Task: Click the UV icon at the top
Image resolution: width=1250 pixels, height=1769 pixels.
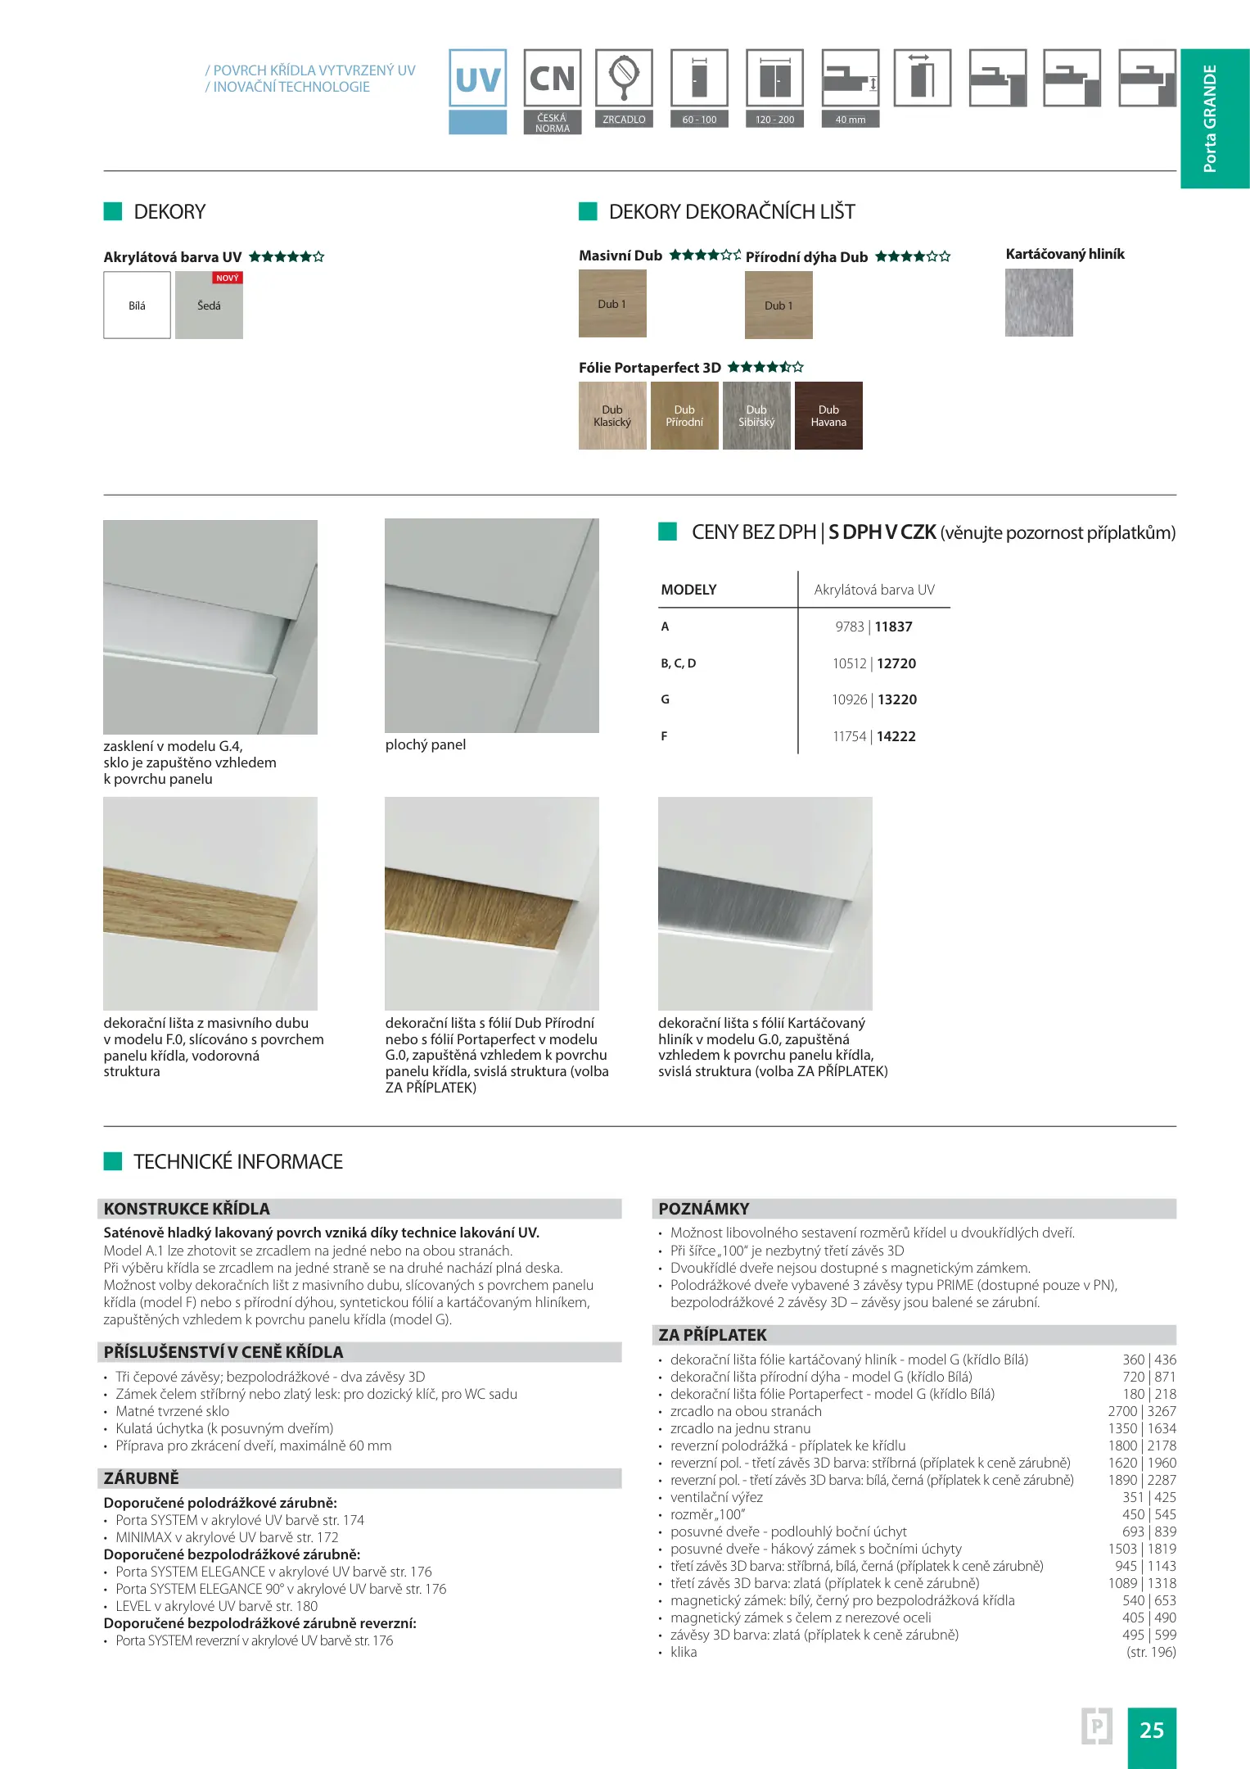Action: (477, 79)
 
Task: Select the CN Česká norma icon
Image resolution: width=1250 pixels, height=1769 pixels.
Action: (553, 79)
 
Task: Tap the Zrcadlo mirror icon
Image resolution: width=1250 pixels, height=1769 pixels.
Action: (624, 79)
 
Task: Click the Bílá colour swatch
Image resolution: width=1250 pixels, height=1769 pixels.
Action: (137, 305)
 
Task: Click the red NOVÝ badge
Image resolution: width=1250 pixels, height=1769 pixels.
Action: (228, 278)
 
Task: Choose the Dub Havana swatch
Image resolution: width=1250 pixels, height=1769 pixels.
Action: (828, 416)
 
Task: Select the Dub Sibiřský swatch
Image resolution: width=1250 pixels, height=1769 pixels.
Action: (756, 416)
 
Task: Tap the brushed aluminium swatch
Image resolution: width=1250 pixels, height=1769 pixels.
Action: (1039, 302)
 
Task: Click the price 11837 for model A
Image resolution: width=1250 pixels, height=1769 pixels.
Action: (893, 627)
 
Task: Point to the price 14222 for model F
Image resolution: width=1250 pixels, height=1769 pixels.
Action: (896, 736)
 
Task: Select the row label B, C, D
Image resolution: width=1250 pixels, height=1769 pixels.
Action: (679, 663)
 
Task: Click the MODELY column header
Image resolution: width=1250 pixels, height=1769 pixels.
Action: (688, 590)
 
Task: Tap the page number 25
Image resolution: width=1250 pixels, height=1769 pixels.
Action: (1151, 1730)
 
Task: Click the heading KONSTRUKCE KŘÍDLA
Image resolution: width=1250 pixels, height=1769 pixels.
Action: (187, 1209)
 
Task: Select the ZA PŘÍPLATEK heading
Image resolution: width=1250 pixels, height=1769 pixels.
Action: (712, 1335)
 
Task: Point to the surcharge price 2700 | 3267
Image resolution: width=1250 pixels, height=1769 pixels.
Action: (1142, 1411)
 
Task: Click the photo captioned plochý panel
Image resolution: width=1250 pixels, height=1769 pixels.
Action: (491, 626)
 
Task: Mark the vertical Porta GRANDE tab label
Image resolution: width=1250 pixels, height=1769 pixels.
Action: (1210, 119)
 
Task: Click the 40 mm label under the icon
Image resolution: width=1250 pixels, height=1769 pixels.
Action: (850, 120)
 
